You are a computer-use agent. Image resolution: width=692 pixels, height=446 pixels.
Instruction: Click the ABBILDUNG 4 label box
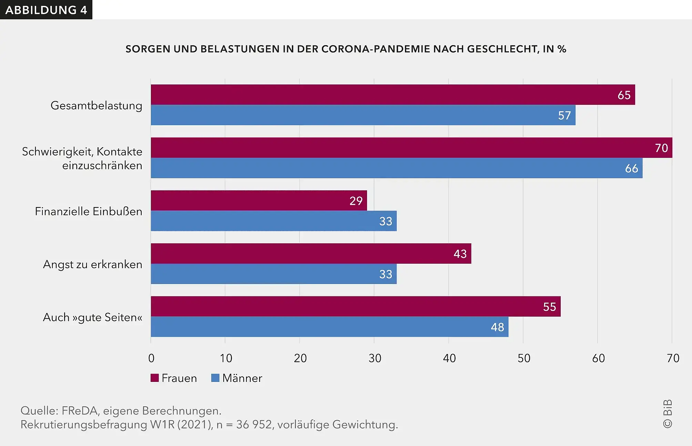click(x=46, y=10)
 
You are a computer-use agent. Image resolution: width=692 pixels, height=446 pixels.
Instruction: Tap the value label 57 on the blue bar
click(x=564, y=115)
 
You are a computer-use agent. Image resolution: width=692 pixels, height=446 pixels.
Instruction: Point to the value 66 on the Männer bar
click(x=631, y=169)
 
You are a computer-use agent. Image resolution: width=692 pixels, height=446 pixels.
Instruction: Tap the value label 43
click(x=460, y=254)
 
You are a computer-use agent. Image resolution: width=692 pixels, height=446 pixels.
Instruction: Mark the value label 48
click(x=497, y=327)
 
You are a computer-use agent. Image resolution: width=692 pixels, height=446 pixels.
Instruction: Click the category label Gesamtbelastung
click(x=96, y=105)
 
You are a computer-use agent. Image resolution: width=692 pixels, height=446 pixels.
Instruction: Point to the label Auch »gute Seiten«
click(x=92, y=317)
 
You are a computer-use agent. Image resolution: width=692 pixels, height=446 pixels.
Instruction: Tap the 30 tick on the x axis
click(x=375, y=358)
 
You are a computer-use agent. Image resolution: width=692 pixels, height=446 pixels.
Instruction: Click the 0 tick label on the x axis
click(x=151, y=358)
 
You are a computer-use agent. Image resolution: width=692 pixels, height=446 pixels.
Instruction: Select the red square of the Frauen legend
click(x=155, y=378)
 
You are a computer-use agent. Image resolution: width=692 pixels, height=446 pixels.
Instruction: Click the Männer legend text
click(x=242, y=378)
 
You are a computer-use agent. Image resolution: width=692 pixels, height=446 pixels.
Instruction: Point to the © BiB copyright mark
click(x=667, y=414)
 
